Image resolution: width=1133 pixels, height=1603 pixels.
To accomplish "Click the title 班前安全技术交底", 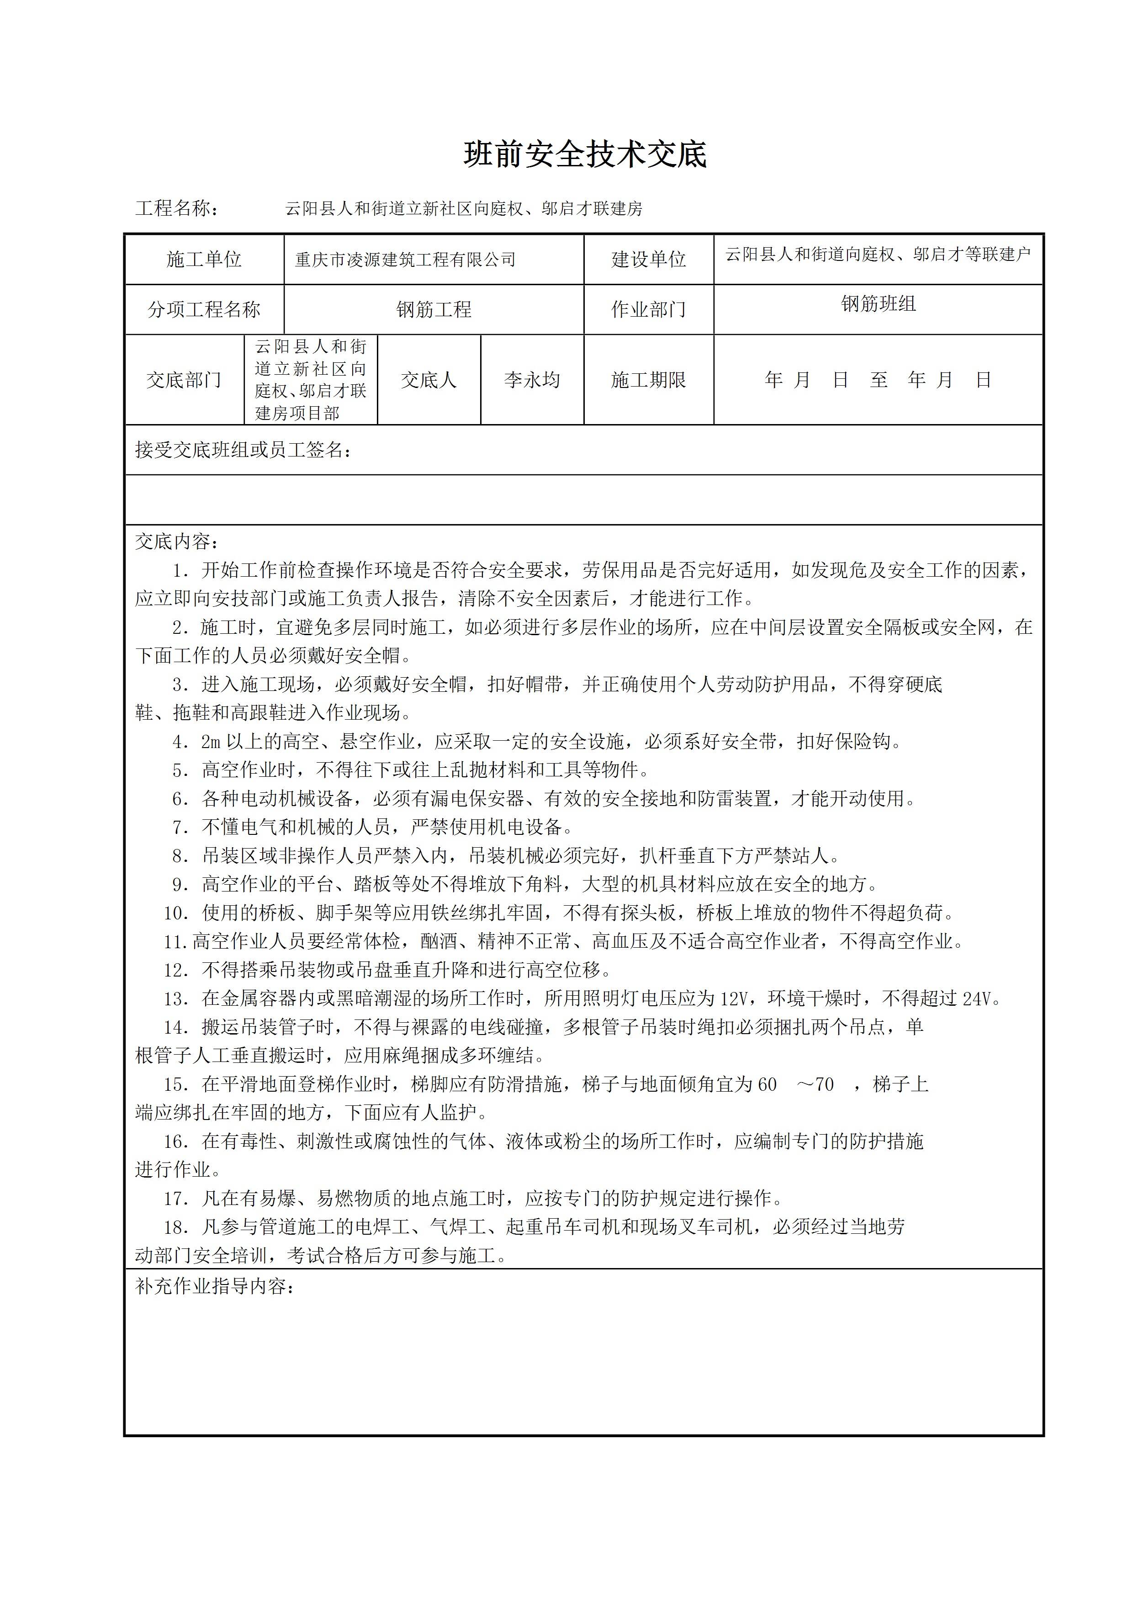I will click(585, 154).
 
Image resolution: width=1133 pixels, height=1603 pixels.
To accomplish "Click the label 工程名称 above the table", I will click(176, 208).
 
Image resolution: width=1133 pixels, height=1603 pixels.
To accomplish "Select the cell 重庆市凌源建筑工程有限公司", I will click(405, 260).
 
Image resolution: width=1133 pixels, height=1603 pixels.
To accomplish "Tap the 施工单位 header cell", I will click(204, 260).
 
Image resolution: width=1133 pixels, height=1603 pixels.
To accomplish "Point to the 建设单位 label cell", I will click(649, 260).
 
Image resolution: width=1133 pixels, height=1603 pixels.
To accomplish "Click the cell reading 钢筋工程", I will click(434, 309).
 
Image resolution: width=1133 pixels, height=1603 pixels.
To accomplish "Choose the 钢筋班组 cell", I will click(878, 304).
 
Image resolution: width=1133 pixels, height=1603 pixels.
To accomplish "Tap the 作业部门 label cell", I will click(649, 309).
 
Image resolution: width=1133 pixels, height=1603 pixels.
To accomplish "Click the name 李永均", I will click(532, 380).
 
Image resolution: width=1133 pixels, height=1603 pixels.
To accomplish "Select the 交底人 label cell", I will click(429, 380).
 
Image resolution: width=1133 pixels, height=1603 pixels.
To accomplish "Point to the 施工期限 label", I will click(649, 380).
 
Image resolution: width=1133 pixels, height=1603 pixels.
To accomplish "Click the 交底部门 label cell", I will click(184, 380).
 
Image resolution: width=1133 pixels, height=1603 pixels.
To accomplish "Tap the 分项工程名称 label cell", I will click(204, 309).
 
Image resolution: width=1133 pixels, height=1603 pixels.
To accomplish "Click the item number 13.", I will click(175, 999).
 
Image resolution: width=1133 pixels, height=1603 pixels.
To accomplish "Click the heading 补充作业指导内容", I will click(214, 1286).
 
